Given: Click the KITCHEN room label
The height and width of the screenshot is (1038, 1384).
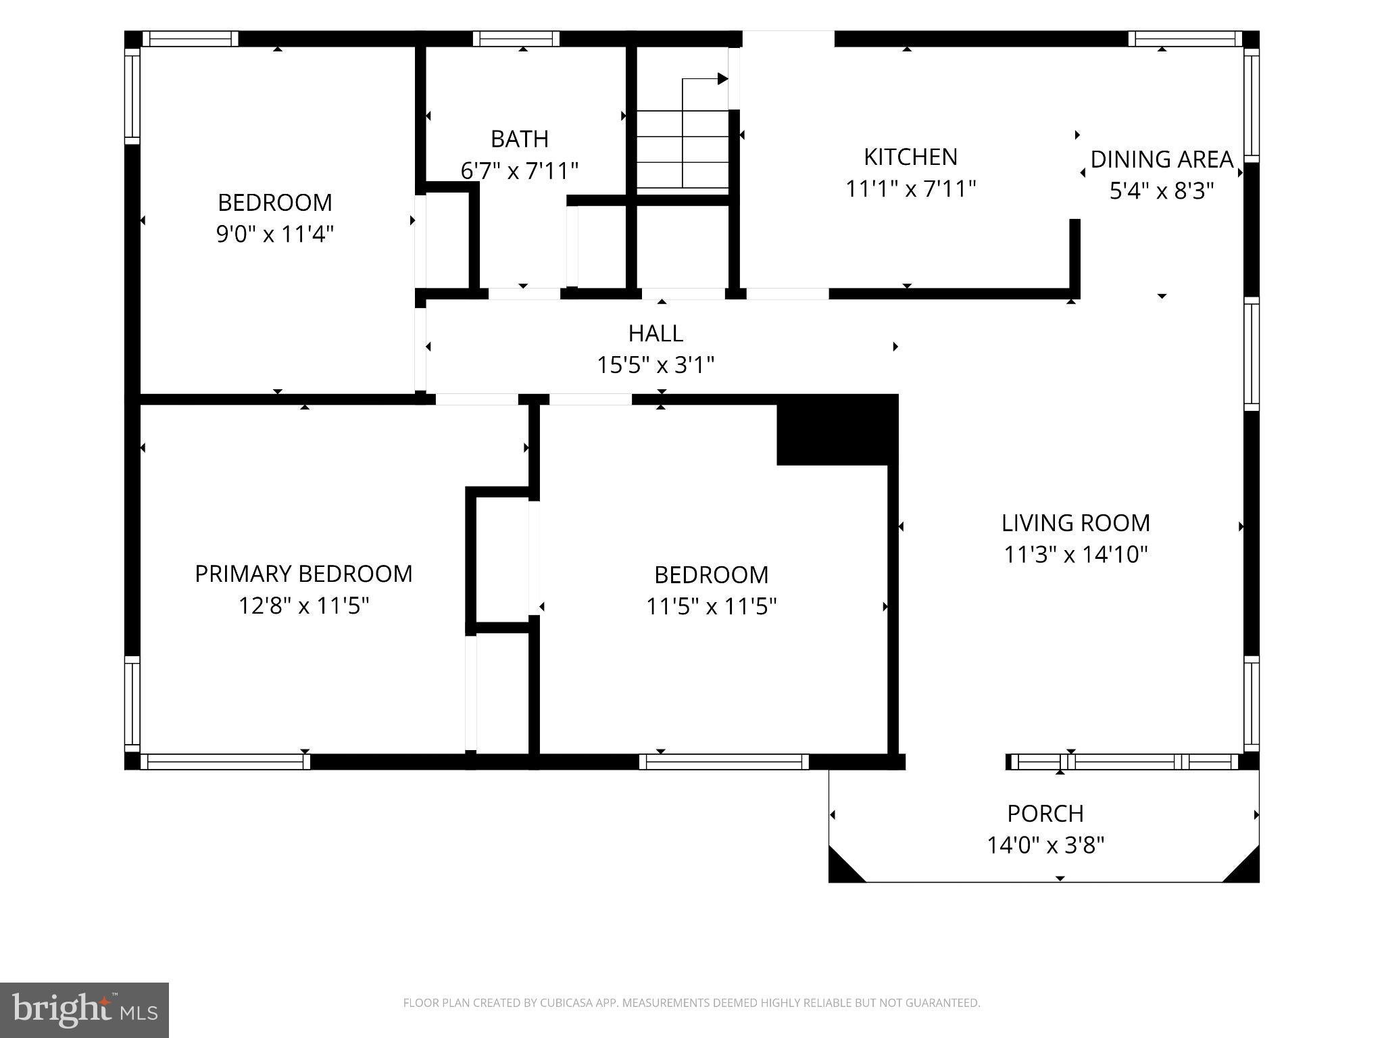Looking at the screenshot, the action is pyautogui.click(x=910, y=157).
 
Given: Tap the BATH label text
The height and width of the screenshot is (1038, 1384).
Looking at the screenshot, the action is pyautogui.click(x=519, y=139).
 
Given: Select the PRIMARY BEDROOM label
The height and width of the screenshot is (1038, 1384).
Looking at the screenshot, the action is pyautogui.click(x=303, y=574).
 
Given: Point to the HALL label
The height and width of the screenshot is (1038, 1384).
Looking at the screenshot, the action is pyautogui.click(x=656, y=333).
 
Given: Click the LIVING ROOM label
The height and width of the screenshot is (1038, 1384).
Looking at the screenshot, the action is pyautogui.click(x=1076, y=523).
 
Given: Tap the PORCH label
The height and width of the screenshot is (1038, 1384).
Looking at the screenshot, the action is pyautogui.click(x=1045, y=814).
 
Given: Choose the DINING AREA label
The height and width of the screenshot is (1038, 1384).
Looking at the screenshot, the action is pyautogui.click(x=1162, y=159).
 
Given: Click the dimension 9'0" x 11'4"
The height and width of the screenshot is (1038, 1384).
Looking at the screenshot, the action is pyautogui.click(x=275, y=234).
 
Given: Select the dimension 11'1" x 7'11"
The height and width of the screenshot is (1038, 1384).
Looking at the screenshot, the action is pyautogui.click(x=911, y=189).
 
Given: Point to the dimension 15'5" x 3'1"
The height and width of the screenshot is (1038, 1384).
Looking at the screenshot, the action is pyautogui.click(x=656, y=365).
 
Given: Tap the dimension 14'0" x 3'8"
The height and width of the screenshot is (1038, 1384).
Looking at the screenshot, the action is pyautogui.click(x=1045, y=845).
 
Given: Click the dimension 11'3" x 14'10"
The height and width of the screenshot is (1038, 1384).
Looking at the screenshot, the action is pyautogui.click(x=1076, y=555).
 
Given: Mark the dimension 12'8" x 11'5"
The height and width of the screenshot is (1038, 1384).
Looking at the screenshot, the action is pyautogui.click(x=303, y=605).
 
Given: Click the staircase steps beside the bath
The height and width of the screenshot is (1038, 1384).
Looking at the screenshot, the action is pyautogui.click(x=683, y=149).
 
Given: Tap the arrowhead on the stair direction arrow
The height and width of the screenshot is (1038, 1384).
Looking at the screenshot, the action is pyautogui.click(x=722, y=79).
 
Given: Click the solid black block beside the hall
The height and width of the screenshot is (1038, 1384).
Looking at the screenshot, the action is pyautogui.click(x=837, y=430).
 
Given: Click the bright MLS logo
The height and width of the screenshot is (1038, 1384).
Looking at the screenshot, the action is pyautogui.click(x=84, y=1010).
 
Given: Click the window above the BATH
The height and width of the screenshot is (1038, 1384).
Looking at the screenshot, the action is pyautogui.click(x=516, y=39).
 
